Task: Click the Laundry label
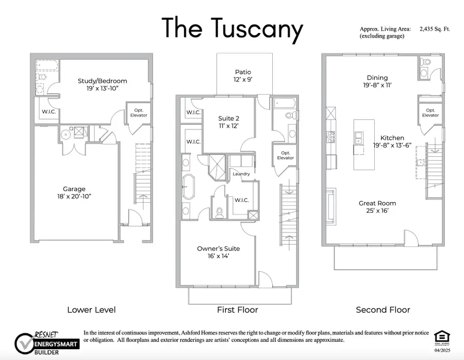(241, 174)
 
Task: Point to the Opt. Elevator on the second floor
(430, 113)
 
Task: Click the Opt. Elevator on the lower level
(139, 113)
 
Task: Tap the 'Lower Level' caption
(91, 310)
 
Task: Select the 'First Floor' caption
(238, 310)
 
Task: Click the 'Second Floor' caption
(383, 310)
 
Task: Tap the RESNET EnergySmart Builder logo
(46, 341)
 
